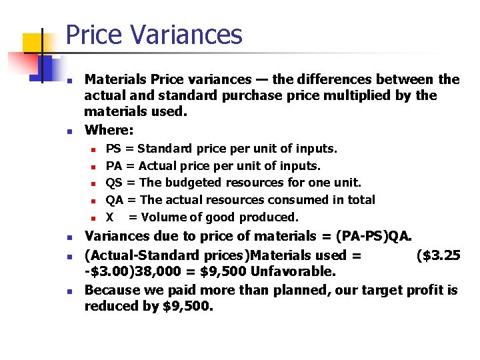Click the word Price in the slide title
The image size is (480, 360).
click(93, 35)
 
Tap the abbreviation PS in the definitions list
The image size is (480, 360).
click(113, 148)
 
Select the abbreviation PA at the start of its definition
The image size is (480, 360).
click(113, 165)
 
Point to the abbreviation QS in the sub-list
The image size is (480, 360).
click(114, 183)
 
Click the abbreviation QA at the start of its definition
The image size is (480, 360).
click(115, 200)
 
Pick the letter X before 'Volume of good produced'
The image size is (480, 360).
click(110, 217)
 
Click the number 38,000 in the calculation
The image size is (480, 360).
click(165, 272)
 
